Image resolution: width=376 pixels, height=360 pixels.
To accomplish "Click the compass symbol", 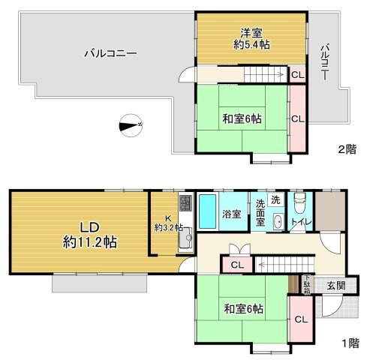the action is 131,125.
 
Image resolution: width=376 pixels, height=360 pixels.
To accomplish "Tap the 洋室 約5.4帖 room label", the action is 251,39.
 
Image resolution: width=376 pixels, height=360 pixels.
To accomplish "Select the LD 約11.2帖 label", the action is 90,235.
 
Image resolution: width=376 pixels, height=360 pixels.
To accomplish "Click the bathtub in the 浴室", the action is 208,211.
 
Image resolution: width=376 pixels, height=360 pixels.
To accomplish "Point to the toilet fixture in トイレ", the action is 300,202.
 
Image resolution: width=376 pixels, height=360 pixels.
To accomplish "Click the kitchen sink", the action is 185,238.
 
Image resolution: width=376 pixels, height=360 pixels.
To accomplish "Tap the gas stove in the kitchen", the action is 185,202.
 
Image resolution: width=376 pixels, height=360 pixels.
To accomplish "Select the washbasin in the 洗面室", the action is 278,221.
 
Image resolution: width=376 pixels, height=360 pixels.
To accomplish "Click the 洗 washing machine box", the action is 275,199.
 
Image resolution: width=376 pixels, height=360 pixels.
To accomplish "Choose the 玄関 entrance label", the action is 336,285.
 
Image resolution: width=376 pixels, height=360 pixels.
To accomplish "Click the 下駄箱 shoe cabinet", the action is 307,284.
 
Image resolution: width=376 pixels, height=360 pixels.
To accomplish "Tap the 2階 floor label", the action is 347,149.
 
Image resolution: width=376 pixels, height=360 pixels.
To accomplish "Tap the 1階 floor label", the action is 350,343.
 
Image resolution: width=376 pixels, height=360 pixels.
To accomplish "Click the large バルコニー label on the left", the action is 110,53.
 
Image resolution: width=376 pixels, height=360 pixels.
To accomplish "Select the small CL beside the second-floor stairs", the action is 298,75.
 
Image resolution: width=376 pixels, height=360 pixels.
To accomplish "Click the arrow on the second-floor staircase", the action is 280,74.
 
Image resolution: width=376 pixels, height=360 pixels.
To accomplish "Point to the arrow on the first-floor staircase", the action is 262,264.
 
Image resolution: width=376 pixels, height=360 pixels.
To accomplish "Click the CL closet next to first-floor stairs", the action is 237,265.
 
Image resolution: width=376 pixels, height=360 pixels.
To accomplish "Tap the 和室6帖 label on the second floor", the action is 242,118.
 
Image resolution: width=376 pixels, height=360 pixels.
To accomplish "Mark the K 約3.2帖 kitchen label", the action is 168,223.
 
